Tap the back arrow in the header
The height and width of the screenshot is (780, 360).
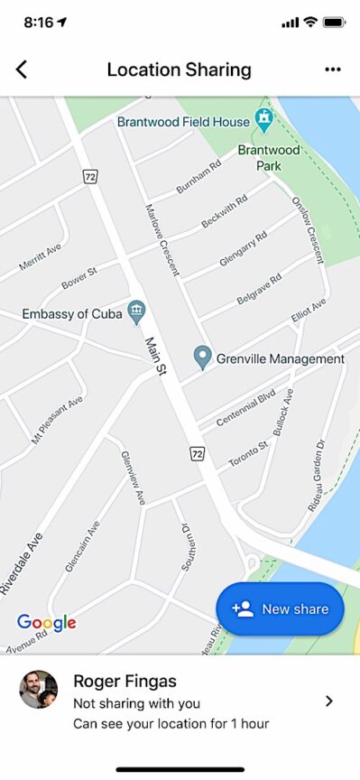pyautogui.click(x=22, y=70)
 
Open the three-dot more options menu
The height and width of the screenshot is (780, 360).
pyautogui.click(x=332, y=70)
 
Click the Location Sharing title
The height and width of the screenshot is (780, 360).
pyautogui.click(x=179, y=70)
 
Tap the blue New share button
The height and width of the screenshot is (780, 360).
pyautogui.click(x=280, y=608)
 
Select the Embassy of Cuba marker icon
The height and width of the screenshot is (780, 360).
pyautogui.click(x=136, y=312)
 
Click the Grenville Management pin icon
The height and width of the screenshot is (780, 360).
pyautogui.click(x=203, y=357)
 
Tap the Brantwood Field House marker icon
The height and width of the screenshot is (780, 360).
pyautogui.click(x=263, y=118)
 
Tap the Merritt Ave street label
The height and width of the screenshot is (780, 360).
pyautogui.click(x=40, y=256)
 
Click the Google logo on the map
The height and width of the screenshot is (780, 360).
pyautogui.click(x=46, y=622)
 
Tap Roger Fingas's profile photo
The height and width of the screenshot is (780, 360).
pyautogui.click(x=39, y=690)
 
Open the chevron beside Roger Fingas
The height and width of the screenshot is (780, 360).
pyautogui.click(x=329, y=701)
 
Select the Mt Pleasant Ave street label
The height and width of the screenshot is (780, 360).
pyautogui.click(x=58, y=420)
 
